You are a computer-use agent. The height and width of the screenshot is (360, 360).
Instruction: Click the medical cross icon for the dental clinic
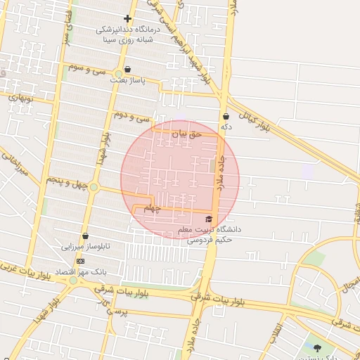(x=127, y=18)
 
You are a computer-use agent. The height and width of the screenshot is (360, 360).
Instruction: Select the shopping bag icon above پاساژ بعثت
(x=127, y=70)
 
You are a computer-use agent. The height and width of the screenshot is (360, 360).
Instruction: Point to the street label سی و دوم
(x=133, y=117)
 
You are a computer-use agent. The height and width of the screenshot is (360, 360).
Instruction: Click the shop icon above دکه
(x=226, y=116)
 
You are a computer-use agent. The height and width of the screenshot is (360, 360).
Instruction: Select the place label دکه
(x=226, y=127)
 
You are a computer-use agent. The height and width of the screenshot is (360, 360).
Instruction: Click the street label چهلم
(x=153, y=209)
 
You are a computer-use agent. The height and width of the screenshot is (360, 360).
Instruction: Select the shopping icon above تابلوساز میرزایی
(x=85, y=236)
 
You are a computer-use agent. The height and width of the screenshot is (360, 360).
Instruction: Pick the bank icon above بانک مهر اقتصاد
(x=79, y=260)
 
